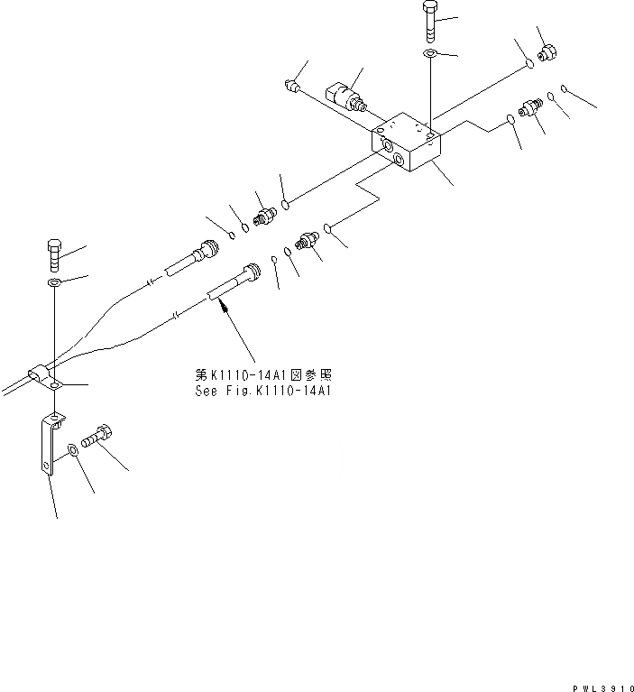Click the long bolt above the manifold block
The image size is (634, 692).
pyautogui.click(x=430, y=21)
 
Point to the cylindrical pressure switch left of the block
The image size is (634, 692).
pyautogui.click(x=345, y=96)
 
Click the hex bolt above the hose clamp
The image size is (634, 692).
pyautogui.click(x=53, y=254)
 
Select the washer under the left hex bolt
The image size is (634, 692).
pyautogui.click(x=54, y=284)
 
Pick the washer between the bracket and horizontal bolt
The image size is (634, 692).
pyautogui.click(x=73, y=448)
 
